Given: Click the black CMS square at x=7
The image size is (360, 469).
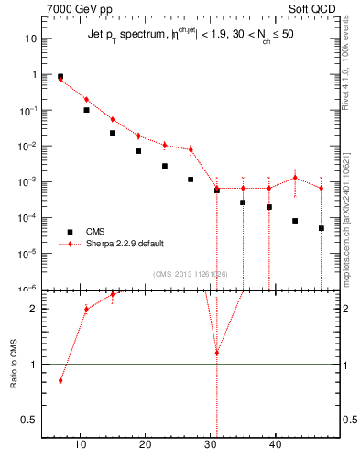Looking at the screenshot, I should pos(60,77).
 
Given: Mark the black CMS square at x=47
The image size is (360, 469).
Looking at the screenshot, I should pos(322,228).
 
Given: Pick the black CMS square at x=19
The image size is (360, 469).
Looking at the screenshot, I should pos(138,151).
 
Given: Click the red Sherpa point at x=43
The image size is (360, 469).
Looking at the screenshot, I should pos(295,178).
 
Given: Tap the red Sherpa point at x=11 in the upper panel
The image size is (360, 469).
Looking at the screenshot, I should pos(86,100).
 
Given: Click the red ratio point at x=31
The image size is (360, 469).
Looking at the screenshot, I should pos(217,353).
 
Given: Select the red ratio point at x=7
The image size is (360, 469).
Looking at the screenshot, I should pos(60,380).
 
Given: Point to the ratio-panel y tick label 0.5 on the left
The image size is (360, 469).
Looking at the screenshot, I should pos(31,420).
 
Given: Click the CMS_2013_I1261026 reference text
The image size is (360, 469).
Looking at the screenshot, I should pos(190,274).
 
